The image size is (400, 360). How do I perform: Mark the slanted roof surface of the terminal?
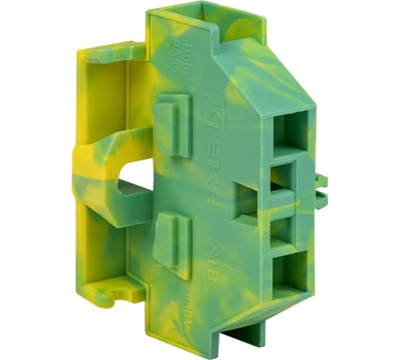coord(260,69)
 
